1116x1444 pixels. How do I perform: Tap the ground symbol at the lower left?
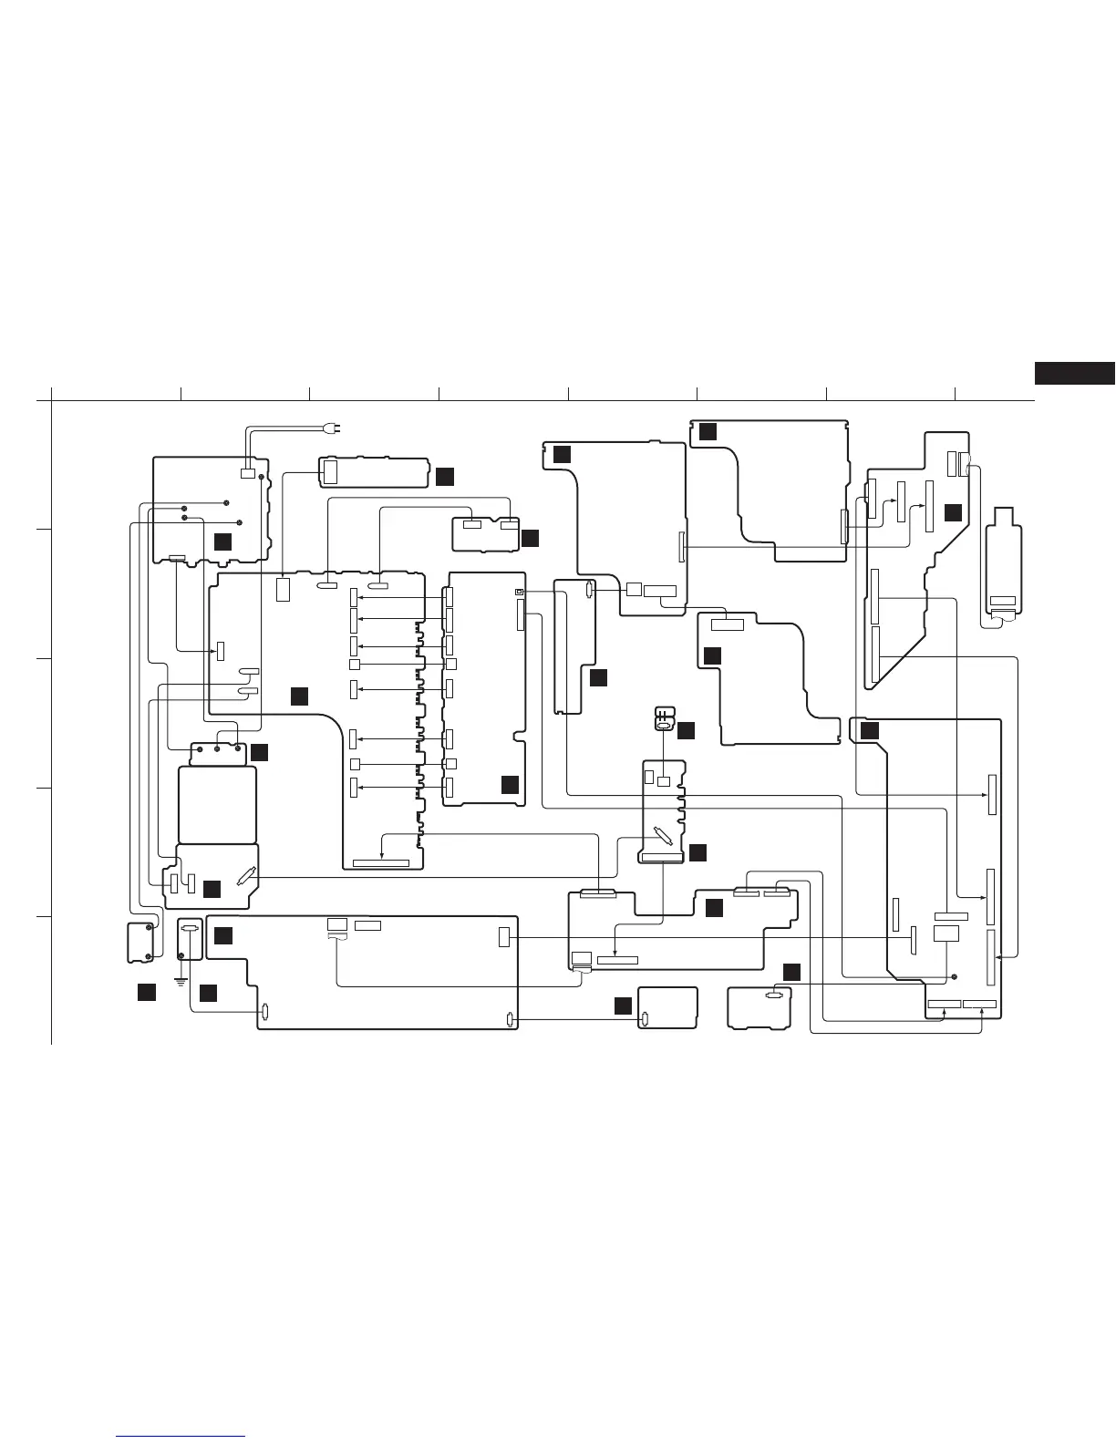(181, 983)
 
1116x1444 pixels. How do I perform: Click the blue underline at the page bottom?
(181, 1437)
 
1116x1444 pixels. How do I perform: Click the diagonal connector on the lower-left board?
(243, 877)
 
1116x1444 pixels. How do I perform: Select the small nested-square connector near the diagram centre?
(519, 592)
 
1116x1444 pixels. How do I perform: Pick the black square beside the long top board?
(443, 476)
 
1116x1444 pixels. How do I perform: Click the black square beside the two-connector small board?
(530, 538)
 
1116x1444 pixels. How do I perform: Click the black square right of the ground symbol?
(208, 993)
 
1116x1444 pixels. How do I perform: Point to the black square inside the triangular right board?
(953, 512)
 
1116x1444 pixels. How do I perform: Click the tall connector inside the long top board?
(330, 472)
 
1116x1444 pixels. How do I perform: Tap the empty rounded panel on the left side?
(217, 805)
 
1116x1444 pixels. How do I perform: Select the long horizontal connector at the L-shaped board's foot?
(380, 861)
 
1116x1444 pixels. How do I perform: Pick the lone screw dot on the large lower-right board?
(954, 976)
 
